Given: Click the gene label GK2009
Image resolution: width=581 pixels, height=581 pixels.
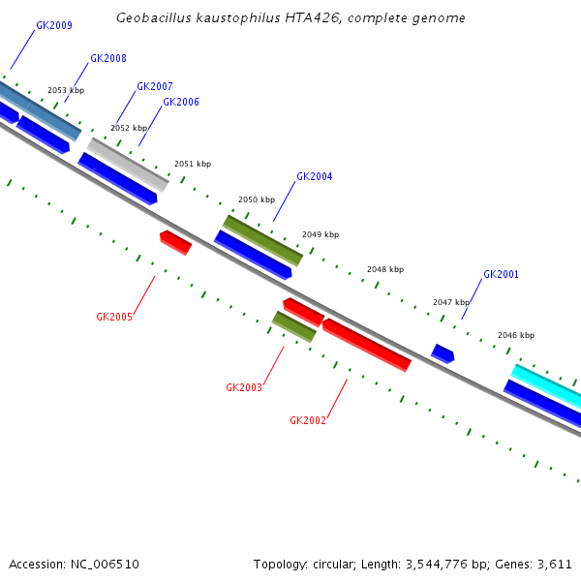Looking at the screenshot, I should pos(53,26).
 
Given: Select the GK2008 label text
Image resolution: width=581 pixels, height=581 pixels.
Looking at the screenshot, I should pos(107,59).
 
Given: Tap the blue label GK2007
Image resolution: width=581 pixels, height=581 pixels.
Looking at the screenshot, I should pos(154,87).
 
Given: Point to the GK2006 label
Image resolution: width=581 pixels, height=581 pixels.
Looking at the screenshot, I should pos(180,103).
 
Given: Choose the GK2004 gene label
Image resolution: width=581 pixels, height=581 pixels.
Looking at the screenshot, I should pos(314,177).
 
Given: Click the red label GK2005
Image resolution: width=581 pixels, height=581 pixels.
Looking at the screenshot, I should pos(113,317).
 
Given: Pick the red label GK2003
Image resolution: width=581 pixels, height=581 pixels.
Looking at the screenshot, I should pos(244,387).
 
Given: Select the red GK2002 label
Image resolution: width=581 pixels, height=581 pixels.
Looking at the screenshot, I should pos(308,420).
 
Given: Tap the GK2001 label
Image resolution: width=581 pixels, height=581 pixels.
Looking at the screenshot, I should pos(501,275).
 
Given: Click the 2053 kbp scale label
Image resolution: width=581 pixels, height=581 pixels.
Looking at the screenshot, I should pos(66,90).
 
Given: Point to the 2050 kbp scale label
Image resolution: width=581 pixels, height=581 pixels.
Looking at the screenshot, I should pos(257,199).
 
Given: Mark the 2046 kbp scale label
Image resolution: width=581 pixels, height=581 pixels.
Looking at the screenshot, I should pos(516,335).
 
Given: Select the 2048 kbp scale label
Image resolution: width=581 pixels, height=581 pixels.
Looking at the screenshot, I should pos(385,269).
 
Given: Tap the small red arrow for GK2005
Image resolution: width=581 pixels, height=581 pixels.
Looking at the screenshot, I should pos(175,242).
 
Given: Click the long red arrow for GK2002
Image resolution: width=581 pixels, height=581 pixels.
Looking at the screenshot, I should pos(366,344).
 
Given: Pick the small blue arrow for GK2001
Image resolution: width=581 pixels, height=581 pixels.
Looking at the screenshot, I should pos(443,353).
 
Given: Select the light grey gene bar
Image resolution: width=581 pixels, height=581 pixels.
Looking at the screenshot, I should pos(128,164).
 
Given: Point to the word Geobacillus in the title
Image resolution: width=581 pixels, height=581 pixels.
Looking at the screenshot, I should pos(149,18).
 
